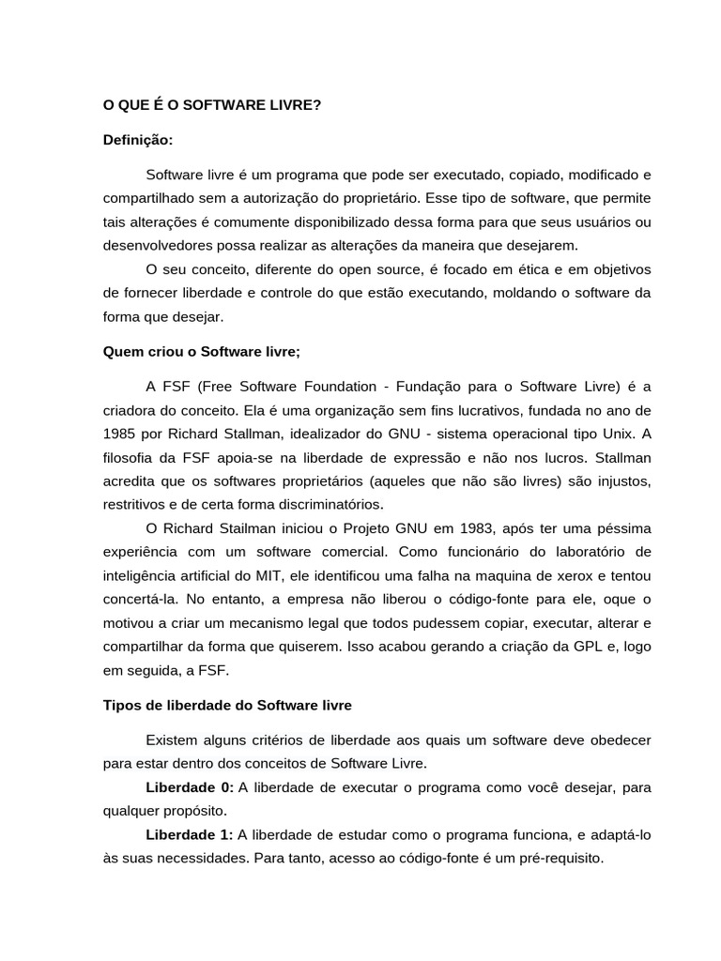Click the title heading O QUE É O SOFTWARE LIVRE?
(211, 106)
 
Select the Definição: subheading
(138, 140)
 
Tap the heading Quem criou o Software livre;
(201, 352)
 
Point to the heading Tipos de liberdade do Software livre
(227, 705)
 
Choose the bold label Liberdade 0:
(190, 786)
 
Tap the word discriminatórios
(318, 503)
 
